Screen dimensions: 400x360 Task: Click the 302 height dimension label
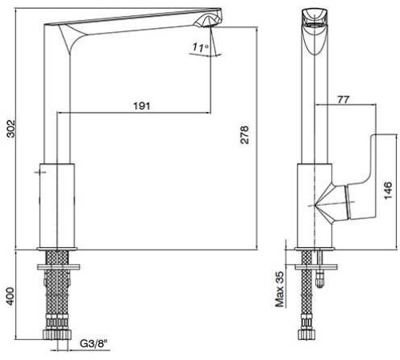click(11, 129)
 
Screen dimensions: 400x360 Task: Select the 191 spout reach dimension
click(142, 106)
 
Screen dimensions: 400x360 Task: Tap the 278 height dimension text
click(245, 135)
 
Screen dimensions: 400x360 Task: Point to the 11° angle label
click(200, 47)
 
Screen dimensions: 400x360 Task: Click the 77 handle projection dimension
click(343, 99)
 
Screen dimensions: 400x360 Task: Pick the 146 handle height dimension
click(388, 190)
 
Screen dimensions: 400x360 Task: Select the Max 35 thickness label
click(280, 290)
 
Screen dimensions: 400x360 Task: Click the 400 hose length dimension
click(10, 296)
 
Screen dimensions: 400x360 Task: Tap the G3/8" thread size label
click(94, 343)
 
